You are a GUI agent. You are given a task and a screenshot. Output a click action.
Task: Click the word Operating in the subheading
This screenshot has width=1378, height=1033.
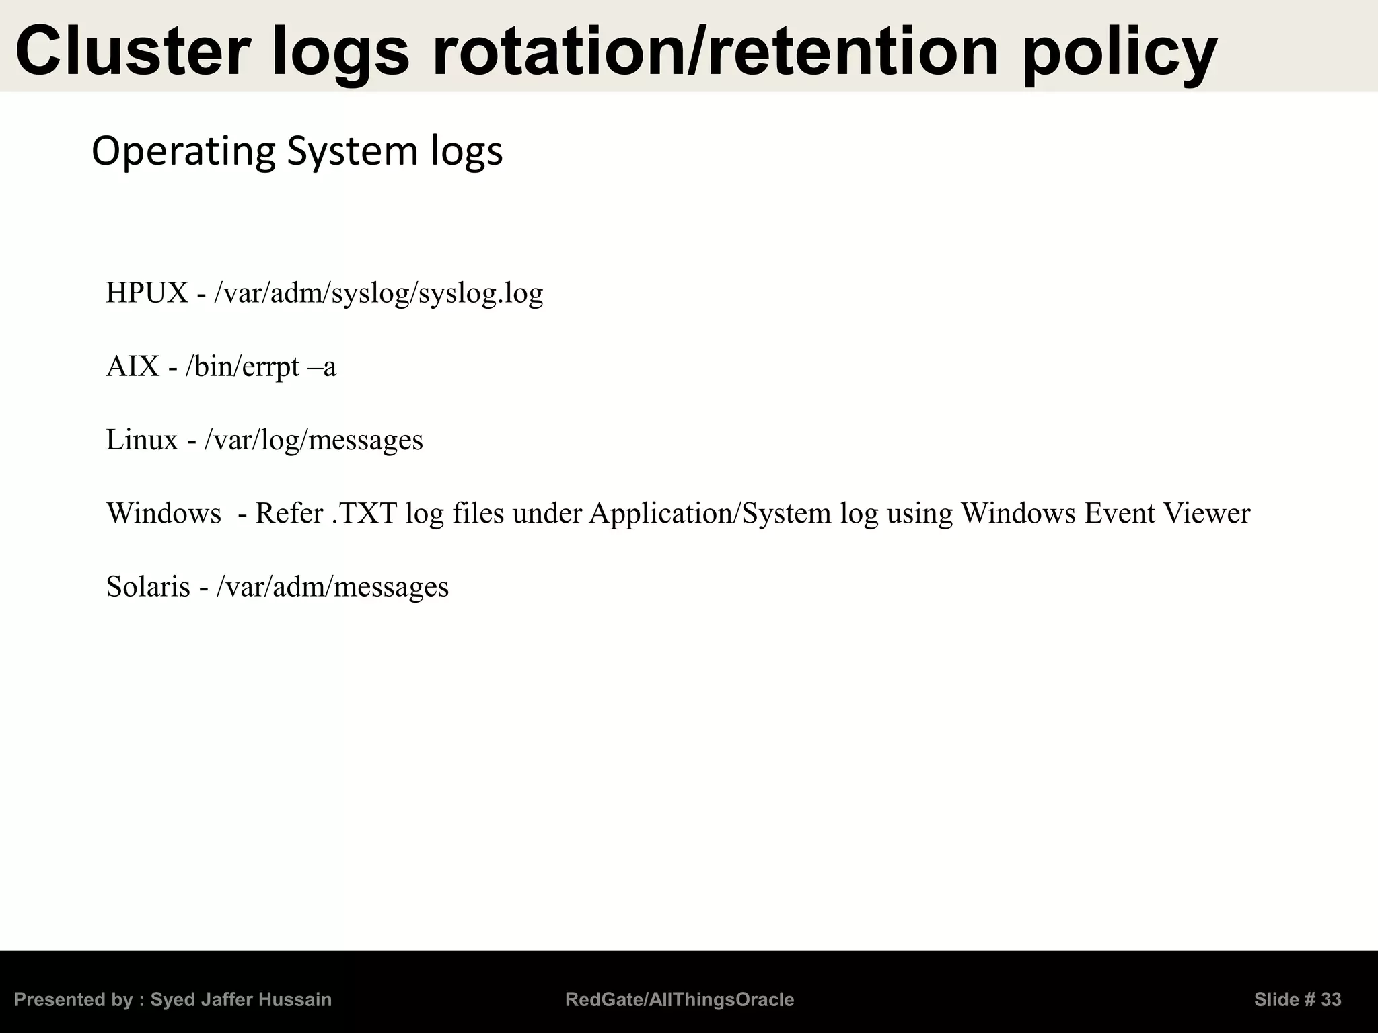point(183,152)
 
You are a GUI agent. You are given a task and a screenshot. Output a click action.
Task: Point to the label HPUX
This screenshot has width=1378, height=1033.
point(147,293)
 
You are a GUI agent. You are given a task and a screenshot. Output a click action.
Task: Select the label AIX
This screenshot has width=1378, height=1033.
point(133,367)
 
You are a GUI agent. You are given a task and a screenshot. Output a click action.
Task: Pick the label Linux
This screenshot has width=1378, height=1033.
point(142,440)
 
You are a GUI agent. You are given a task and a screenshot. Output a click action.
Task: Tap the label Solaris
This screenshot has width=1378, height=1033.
point(148,587)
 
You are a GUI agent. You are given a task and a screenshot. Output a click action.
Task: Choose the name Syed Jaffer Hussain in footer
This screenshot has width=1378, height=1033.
point(241,1000)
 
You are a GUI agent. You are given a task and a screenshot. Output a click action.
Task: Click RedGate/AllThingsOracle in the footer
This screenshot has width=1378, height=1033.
point(680,1000)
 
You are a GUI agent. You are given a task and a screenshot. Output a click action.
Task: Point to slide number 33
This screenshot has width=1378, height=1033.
point(1330,1000)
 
